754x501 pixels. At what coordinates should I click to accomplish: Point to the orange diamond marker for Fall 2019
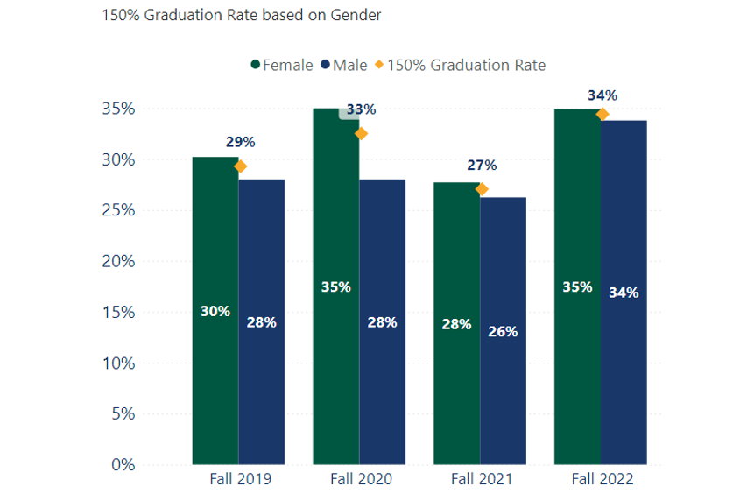pyautogui.click(x=240, y=166)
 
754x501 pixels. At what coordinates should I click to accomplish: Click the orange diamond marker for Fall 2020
pyautogui.click(x=361, y=133)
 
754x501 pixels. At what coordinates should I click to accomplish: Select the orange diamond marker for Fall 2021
pyautogui.click(x=482, y=189)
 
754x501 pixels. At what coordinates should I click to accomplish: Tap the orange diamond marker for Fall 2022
pyautogui.click(x=602, y=114)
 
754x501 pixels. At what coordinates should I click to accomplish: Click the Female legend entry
pyautogui.click(x=282, y=66)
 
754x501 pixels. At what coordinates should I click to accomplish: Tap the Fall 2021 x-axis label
pyautogui.click(x=482, y=479)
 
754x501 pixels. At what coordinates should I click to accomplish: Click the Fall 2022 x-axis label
pyautogui.click(x=602, y=479)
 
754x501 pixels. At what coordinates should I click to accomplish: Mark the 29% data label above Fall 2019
pyautogui.click(x=240, y=142)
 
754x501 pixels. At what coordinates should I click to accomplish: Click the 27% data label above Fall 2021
pyautogui.click(x=482, y=165)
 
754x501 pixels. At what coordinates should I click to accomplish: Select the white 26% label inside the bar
pyautogui.click(x=503, y=332)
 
